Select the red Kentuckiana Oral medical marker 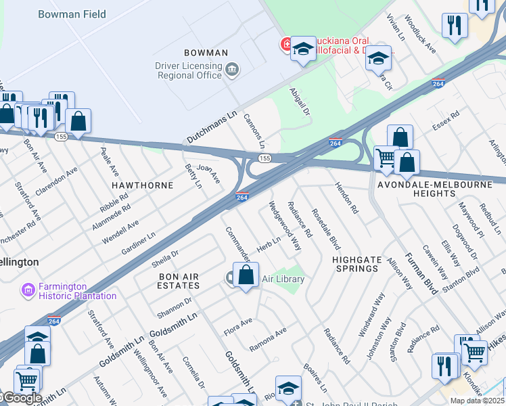(x=286, y=45)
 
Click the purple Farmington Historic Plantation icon (x=28, y=291)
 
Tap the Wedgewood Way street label (x=285, y=226)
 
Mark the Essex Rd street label (x=446, y=120)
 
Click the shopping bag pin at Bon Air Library (x=246, y=275)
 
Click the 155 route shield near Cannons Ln (x=264, y=158)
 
